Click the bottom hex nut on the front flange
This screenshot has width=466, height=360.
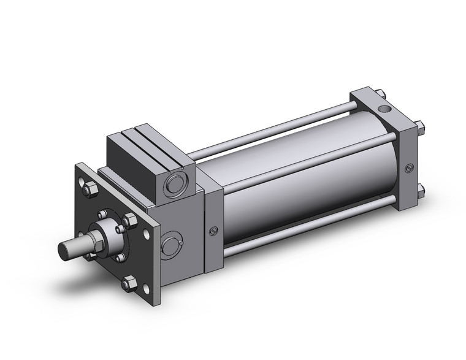129,283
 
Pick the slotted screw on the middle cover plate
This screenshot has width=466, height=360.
213,231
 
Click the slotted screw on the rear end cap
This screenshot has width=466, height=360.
409,167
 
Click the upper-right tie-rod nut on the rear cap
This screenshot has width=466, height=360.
421,128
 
